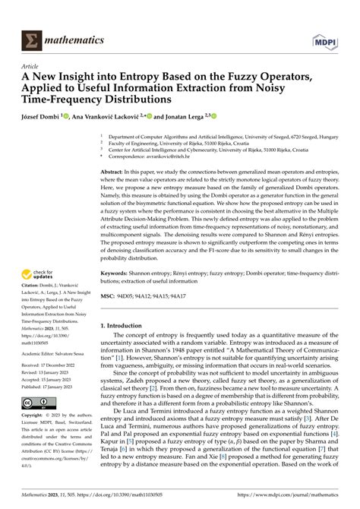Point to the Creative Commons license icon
(x=33, y=401)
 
